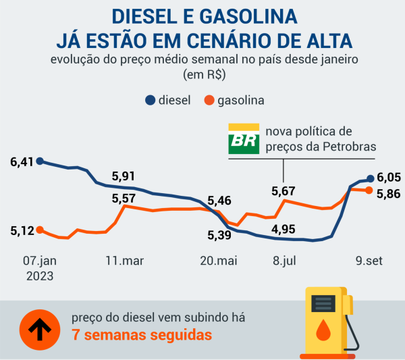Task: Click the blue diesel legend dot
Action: [x=149, y=101]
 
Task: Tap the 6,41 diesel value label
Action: [x=22, y=162]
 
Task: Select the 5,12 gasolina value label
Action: [x=22, y=231]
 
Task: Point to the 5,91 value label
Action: [x=124, y=176]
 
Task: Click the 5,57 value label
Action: [x=124, y=199]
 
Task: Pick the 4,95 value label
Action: [x=283, y=229]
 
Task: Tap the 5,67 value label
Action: [x=283, y=191]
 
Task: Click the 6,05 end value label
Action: [x=389, y=178]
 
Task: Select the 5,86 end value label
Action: [x=389, y=194]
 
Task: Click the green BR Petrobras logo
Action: [x=243, y=140]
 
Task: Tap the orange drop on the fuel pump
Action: [x=325, y=330]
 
